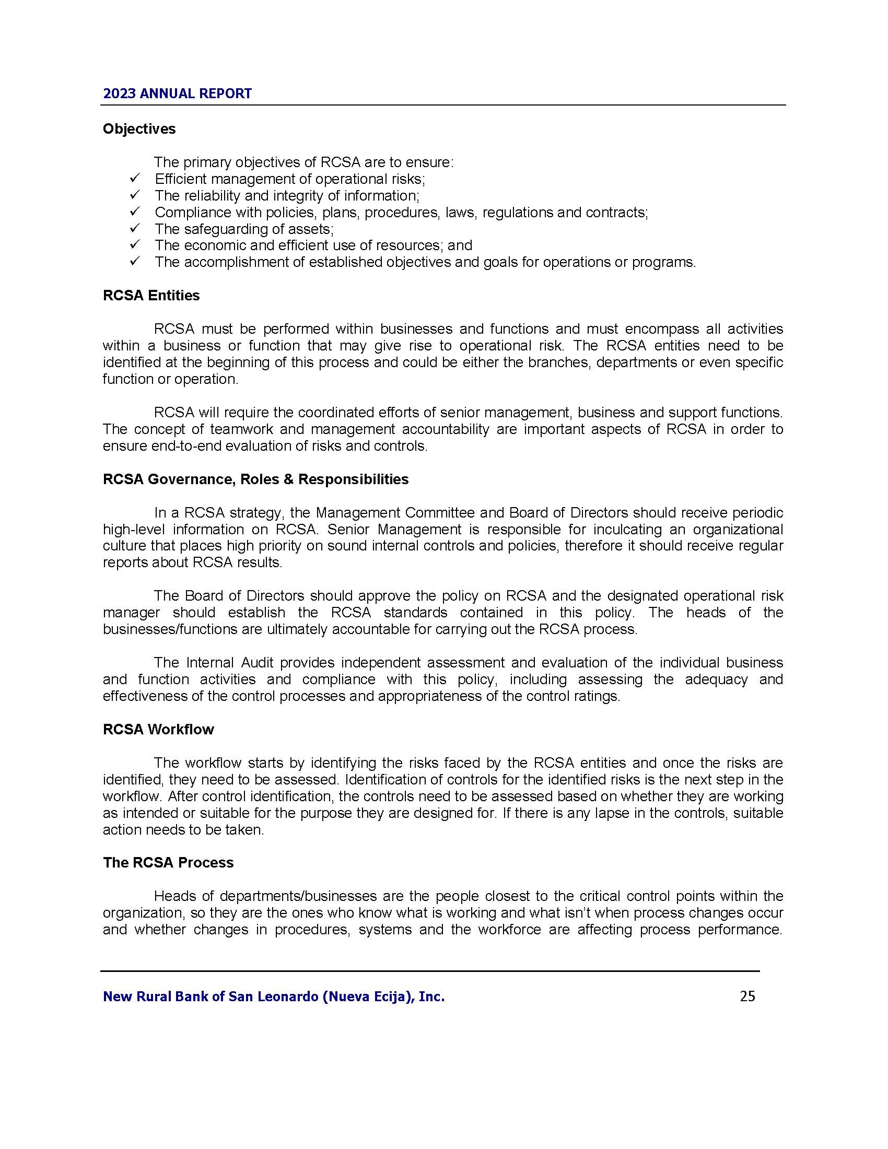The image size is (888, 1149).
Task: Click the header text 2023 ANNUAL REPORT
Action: pos(177,93)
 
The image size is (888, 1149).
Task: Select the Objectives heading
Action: pos(139,129)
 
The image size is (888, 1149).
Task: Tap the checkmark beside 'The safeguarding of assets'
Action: pos(134,228)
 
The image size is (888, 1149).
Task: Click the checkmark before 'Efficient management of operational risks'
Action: pos(134,178)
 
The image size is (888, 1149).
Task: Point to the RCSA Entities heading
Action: pos(151,296)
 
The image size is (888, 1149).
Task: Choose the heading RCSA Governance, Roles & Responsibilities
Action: pos(255,479)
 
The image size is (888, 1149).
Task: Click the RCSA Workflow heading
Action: pos(158,729)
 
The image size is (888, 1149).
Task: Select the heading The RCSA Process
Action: pos(168,863)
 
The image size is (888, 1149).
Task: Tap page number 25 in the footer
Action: pos(747,996)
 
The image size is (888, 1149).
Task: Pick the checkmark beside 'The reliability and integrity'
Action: pos(134,195)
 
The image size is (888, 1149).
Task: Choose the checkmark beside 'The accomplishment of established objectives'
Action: pos(134,262)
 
